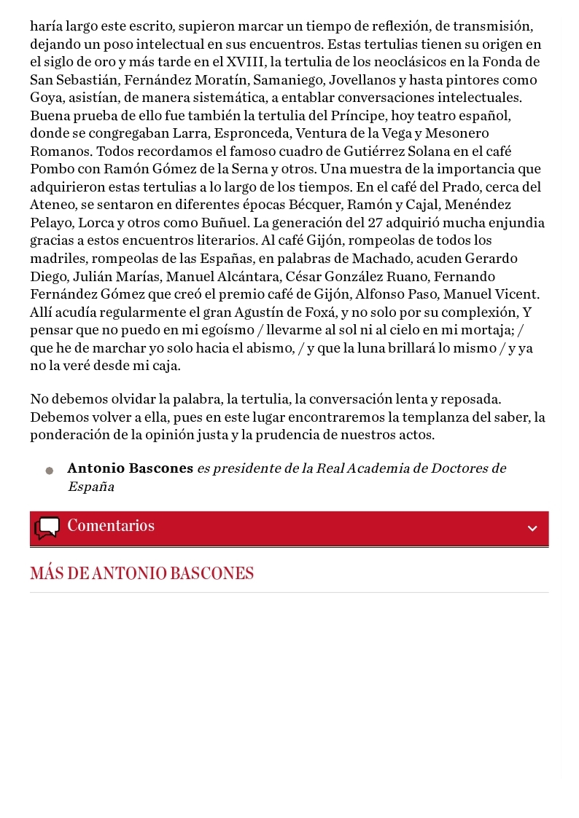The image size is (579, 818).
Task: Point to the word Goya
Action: (46, 98)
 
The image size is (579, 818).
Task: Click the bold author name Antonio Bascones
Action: (130, 468)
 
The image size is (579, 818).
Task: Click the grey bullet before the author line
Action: (49, 471)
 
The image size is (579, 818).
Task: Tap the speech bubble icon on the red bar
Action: (47, 527)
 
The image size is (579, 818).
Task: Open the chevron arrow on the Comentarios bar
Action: (532, 528)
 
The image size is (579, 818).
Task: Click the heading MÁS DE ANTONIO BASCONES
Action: (142, 574)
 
